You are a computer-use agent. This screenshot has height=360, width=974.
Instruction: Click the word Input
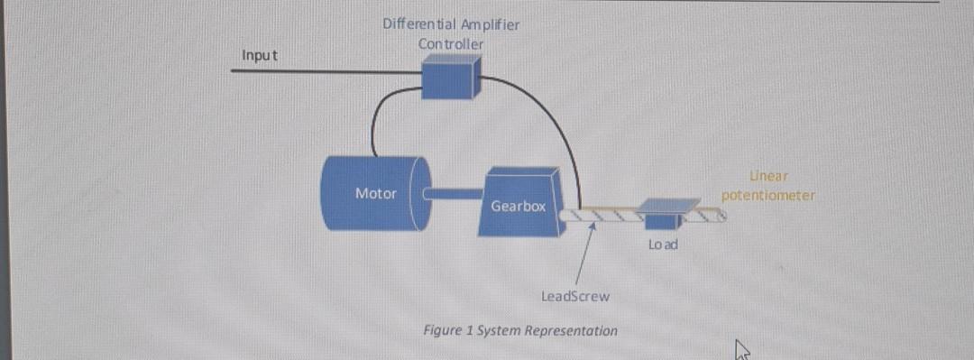coord(260,56)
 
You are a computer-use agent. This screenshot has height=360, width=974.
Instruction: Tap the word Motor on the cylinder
coord(375,193)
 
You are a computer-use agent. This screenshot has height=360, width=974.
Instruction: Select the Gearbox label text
coord(518,207)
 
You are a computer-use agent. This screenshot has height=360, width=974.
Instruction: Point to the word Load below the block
coord(663,245)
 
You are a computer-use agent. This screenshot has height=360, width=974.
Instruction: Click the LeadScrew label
coord(574,296)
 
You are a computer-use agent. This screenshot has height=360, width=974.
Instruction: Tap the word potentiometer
coord(768,195)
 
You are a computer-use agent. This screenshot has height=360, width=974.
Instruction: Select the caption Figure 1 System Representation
coord(520,330)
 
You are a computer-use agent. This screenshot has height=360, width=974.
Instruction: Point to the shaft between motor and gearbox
coord(455,191)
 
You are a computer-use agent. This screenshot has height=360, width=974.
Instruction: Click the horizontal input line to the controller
coord(325,70)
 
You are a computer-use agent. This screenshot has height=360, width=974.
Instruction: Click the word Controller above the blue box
coord(450,43)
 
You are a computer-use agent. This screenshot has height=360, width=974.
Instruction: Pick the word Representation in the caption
coord(574,330)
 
